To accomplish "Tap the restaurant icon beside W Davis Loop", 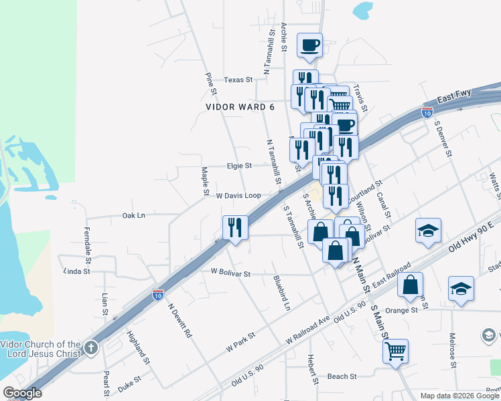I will coord(235,227).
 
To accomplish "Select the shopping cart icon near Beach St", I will coord(395,350).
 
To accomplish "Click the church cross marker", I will coord(91,348).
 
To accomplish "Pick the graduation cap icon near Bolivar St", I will coord(428,231).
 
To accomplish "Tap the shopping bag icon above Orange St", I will coord(410,284).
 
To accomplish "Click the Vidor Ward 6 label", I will coord(240,107).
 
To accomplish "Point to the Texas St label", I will coord(238,80).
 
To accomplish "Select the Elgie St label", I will coord(238,166).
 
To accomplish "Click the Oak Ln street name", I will coord(133,216).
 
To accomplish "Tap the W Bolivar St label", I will coord(230,273).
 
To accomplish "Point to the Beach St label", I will coord(342,377).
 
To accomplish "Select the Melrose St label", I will coord(453,350).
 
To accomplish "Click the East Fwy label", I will coord(455,97).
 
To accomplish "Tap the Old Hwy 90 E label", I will coord(471,237).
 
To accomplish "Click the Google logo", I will coord(22,393).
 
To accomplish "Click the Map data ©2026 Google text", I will coord(460,396).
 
